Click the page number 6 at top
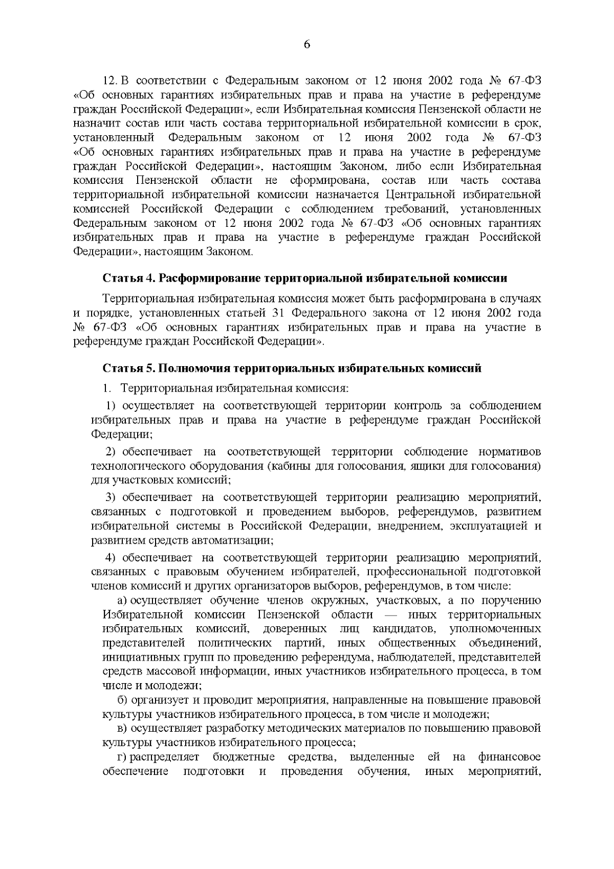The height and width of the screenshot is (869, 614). pyautogui.click(x=307, y=45)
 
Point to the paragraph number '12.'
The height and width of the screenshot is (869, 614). pyautogui.click(x=111, y=81)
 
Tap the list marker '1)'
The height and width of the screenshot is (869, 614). pyautogui.click(x=112, y=406)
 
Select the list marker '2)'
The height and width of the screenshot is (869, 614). pyautogui.click(x=112, y=452)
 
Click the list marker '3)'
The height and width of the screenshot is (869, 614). pyautogui.click(x=112, y=497)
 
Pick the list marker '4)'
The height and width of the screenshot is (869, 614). pyautogui.click(x=112, y=557)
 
